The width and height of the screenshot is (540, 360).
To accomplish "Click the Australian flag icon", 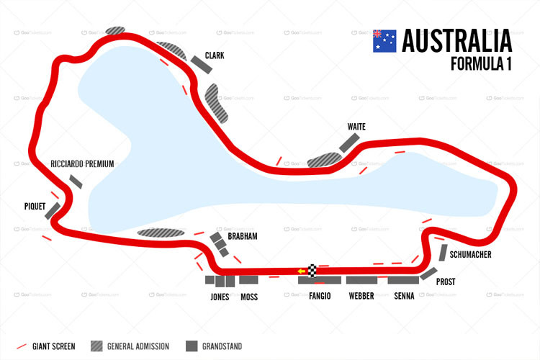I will tap(384, 40).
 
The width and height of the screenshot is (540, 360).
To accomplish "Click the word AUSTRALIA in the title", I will tap(456, 40).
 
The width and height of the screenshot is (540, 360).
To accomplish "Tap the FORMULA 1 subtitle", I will tap(481, 64).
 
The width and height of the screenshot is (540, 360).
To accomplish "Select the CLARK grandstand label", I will tap(216, 55).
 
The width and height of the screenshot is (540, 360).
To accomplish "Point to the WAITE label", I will tap(356, 127).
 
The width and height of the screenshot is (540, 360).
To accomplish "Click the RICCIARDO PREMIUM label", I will tap(82, 164).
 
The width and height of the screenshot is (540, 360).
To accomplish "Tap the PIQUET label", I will tap(35, 204).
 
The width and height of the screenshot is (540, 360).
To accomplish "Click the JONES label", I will tap(220, 297).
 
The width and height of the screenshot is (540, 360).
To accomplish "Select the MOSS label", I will tap(248, 297).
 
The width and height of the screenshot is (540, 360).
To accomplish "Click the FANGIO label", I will tap(319, 297).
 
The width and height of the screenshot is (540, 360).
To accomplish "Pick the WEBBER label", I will tap(361, 297).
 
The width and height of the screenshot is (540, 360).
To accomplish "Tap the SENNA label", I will tap(403, 297).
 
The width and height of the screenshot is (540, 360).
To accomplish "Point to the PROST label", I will tap(446, 283).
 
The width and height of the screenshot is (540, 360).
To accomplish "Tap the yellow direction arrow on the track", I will tap(302, 271).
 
